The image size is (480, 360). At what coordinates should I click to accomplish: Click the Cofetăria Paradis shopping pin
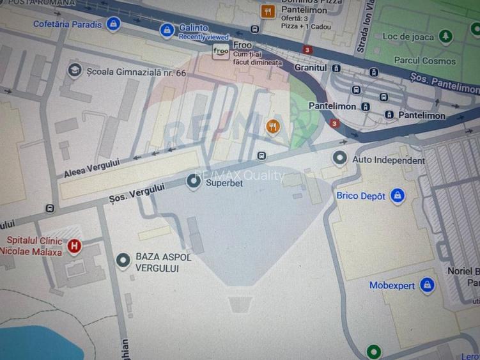coord(113,25)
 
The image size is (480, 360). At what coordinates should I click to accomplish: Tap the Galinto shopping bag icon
coord(167,29)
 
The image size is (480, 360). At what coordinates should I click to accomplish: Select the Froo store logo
coord(221,52)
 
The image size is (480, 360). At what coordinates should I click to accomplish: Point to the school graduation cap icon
coord(75,70)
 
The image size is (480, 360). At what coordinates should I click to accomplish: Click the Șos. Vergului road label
coord(137,194)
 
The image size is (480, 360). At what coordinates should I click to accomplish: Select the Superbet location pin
coord(193,182)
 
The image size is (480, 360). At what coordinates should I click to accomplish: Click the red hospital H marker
coord(74,245)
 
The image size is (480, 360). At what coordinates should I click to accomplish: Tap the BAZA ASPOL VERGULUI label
coord(163,262)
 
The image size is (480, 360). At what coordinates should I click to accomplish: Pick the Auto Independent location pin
coord(340,157)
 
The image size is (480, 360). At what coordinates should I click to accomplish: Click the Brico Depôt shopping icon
coord(398,196)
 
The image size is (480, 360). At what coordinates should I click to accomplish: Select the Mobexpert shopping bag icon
coord(428,285)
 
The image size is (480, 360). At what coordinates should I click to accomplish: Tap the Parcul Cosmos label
coord(425,61)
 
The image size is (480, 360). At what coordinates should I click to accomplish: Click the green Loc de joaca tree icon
coord(445,36)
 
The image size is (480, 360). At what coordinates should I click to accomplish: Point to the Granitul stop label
coord(311,68)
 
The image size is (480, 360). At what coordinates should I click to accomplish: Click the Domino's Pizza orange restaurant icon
coord(268,11)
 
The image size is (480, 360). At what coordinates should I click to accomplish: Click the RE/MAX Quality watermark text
coord(239,175)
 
